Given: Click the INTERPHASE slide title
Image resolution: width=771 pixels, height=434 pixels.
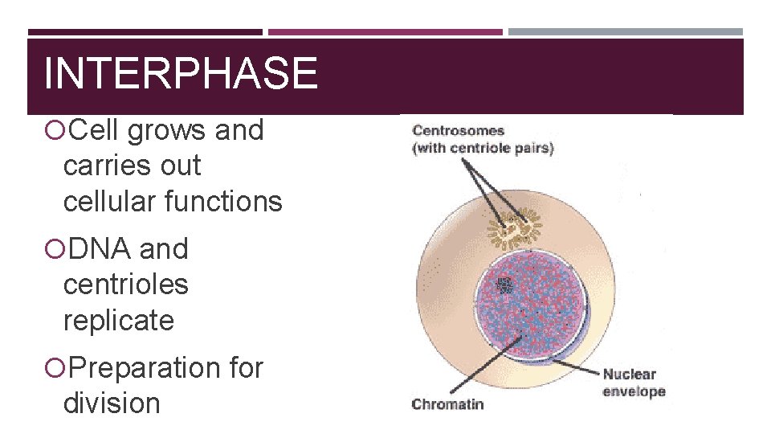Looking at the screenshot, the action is click(x=181, y=73).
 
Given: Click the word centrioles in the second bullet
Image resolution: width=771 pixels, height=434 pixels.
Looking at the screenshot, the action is click(x=125, y=285).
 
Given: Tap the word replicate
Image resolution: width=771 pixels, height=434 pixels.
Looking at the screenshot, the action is click(x=118, y=321).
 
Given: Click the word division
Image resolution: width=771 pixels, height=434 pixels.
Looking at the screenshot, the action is click(x=112, y=403).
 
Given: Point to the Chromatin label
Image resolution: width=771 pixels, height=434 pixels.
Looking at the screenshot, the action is click(x=447, y=404).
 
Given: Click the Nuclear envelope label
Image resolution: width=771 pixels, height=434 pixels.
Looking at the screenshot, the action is click(x=634, y=383).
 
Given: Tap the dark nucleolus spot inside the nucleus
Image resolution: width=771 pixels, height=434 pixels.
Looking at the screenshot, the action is click(x=505, y=285).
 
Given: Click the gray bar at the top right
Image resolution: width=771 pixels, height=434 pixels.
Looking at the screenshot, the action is click(x=625, y=32).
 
